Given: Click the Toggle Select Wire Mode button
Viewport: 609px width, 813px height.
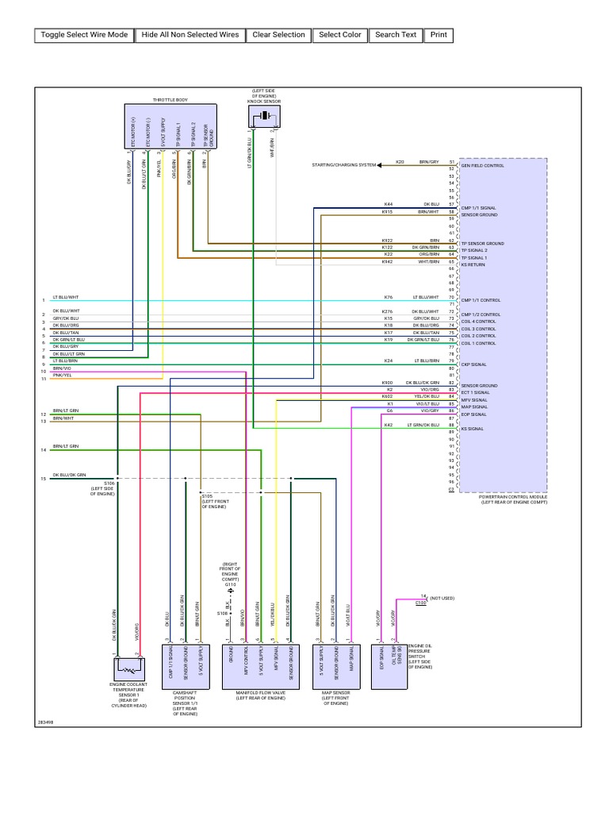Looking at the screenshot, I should [84, 35].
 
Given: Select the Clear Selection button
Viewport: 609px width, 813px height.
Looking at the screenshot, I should [278, 35].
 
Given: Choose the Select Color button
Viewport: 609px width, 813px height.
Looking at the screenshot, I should [340, 35].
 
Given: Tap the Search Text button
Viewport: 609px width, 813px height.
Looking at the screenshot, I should [396, 35].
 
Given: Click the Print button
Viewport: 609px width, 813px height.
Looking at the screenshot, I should [439, 35].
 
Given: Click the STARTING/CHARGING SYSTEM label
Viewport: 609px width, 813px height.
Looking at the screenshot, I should [344, 165].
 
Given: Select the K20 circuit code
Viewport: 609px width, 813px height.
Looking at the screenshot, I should [400, 162].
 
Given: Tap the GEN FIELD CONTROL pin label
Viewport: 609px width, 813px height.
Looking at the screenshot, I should [482, 165].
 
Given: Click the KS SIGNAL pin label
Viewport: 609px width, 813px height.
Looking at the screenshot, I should [472, 428].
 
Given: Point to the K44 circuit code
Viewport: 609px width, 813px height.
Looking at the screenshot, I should [387, 204].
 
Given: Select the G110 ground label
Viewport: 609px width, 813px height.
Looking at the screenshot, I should [230, 584].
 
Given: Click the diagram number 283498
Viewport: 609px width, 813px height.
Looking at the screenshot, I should [45, 722].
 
